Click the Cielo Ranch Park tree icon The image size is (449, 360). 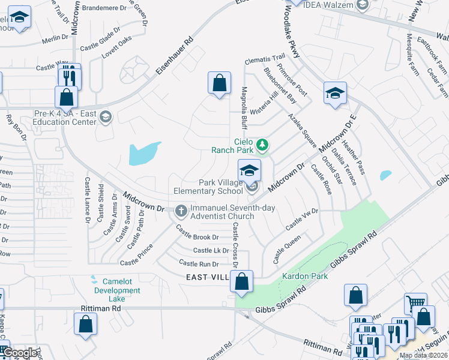[x=262, y=145]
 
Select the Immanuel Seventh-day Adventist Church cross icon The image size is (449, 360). [x=181, y=211]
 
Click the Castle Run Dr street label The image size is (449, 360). [x=197, y=264]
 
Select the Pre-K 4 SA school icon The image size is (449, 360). [x=106, y=116]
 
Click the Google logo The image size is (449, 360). [x=20, y=353]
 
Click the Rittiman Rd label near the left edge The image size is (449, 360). [x=101, y=308]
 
